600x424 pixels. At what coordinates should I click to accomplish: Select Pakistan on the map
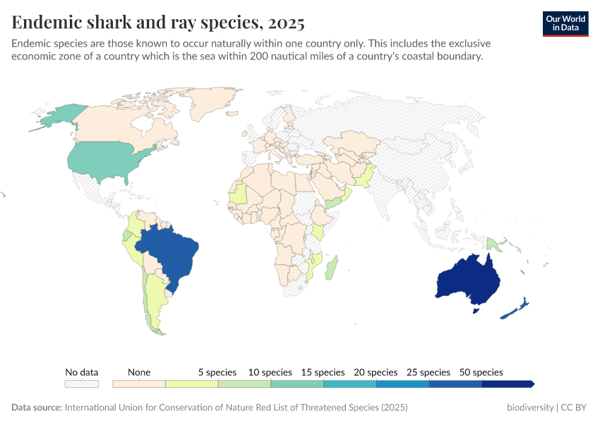(365, 177)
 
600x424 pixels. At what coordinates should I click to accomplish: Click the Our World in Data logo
(565, 23)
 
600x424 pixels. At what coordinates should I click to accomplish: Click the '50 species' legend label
(481, 372)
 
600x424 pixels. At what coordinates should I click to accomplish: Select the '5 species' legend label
(217, 372)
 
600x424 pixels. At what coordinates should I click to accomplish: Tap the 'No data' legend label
(82, 372)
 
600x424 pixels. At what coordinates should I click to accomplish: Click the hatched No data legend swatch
(82, 384)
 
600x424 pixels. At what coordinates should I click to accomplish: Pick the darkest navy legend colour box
(507, 384)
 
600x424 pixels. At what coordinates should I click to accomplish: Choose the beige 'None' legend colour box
(139, 384)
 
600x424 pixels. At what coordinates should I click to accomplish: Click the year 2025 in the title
(286, 23)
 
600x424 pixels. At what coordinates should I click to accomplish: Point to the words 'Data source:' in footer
(37, 408)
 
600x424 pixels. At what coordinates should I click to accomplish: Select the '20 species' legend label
(376, 372)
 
